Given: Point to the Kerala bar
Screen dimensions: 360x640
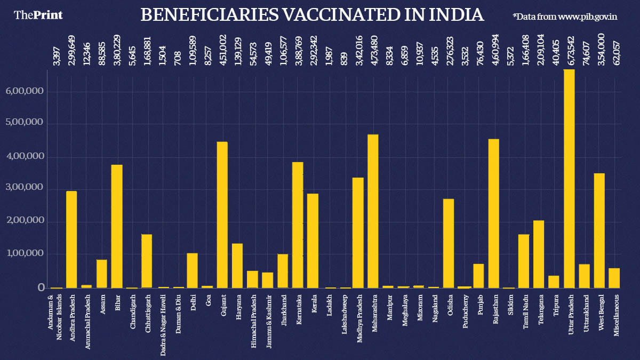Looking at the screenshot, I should tap(313, 241).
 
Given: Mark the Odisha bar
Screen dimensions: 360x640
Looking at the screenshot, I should tap(449, 243).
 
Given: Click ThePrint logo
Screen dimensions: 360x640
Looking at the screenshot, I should tap(38, 15).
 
